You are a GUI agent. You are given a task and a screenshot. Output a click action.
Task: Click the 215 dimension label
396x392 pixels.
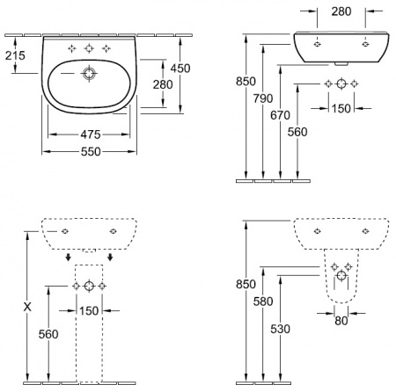click(15, 55)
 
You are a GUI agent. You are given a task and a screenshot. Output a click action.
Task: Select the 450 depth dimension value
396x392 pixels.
click(180, 69)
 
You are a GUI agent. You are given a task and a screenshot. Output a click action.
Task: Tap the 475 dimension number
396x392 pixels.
click(91, 134)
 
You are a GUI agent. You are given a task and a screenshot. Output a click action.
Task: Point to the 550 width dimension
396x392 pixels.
click(91, 151)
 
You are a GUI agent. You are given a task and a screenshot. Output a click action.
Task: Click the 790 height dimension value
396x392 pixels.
click(263, 98)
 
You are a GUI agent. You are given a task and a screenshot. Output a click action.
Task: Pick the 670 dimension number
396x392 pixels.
click(280, 115)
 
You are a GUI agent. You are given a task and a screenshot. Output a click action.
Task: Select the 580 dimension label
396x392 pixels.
click(263, 301)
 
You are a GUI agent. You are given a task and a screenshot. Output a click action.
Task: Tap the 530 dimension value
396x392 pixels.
click(280, 329)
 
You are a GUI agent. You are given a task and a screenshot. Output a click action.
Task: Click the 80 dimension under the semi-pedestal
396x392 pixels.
click(341, 321)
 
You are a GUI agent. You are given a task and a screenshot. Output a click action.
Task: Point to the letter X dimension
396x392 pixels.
click(27, 307)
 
